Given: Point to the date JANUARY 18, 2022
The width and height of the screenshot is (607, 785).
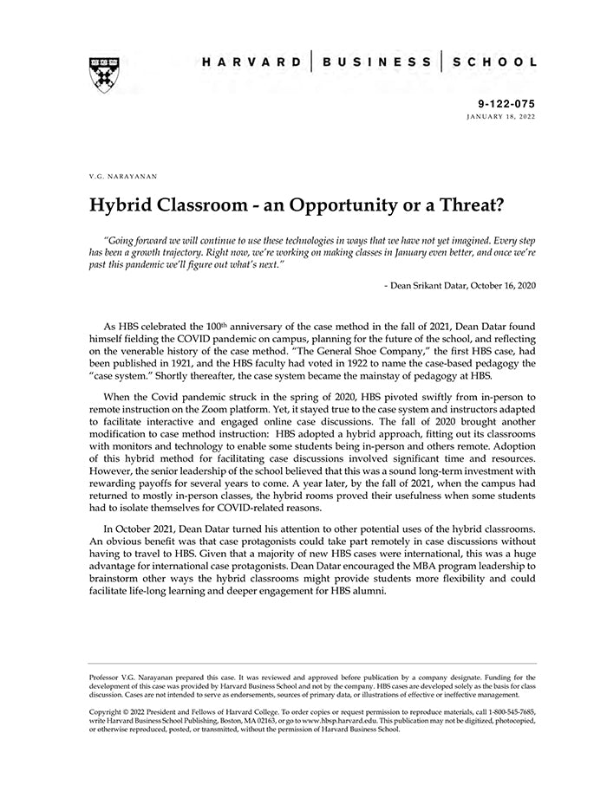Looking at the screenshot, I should point(500,115).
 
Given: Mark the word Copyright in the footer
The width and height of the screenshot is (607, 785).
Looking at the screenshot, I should point(108,711).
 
